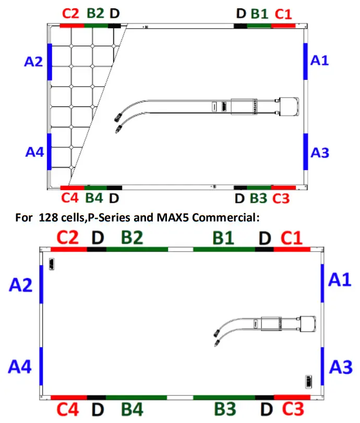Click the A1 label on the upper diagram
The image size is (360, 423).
(320, 60)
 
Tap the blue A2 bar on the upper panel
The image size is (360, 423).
(50, 62)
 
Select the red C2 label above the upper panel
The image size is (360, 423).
(70, 14)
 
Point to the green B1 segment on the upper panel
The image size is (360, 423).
(259, 26)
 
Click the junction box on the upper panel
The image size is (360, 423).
(289, 107)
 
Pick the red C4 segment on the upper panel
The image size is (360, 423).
(72, 188)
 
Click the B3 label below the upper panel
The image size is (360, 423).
(258, 198)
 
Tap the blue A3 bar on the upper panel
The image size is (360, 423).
(306, 151)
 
